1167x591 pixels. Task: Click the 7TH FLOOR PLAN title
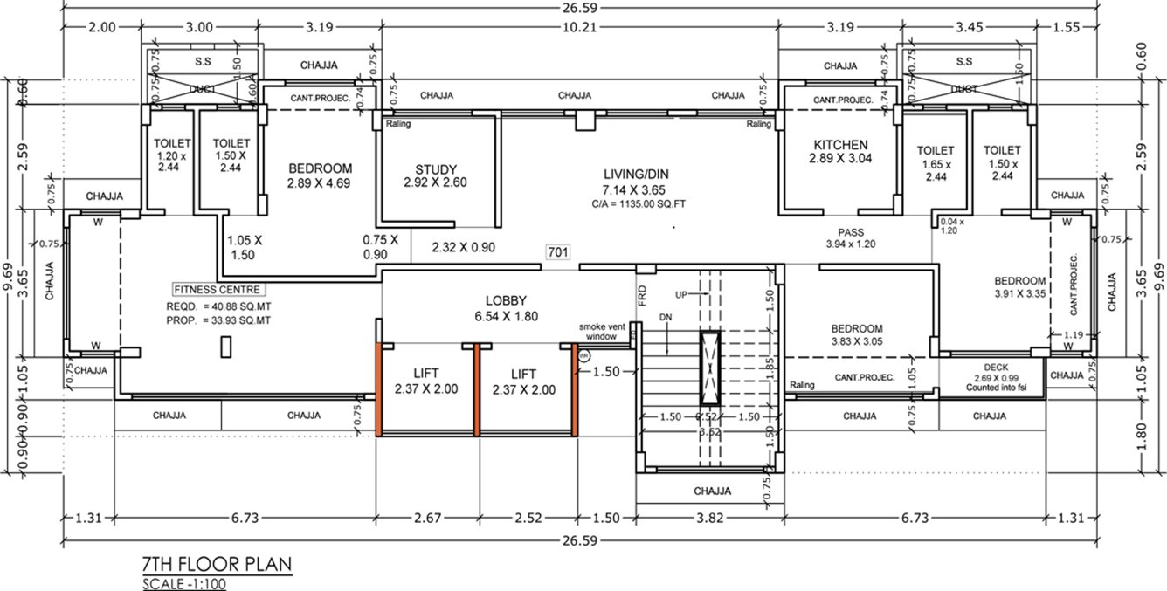(216, 563)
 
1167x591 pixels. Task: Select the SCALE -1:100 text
(184, 584)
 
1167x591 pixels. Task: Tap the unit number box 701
(558, 252)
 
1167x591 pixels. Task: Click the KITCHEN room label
(840, 145)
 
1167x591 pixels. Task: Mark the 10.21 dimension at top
(580, 27)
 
